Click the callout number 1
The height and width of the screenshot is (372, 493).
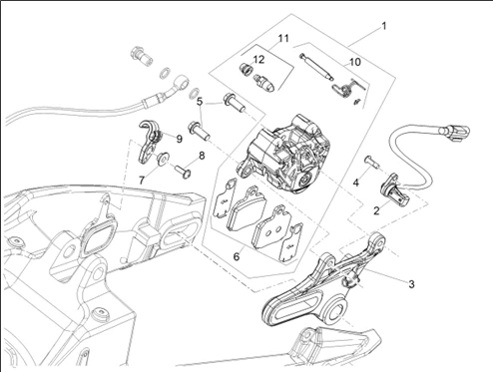click(x=384, y=26)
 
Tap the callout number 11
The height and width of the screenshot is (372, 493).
click(x=283, y=39)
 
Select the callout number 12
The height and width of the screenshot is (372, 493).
click(x=258, y=60)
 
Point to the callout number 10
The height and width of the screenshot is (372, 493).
click(x=355, y=62)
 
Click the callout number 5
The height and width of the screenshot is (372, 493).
click(x=200, y=102)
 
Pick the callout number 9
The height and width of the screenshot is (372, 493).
click(x=180, y=139)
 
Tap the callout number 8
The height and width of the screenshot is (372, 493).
click(x=202, y=156)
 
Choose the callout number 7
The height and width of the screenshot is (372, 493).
click(x=142, y=181)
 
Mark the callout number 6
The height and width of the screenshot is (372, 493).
click(x=237, y=256)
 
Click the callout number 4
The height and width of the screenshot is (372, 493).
click(x=356, y=183)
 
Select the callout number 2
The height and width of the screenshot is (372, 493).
click(x=376, y=210)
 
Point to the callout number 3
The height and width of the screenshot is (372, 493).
click(x=411, y=284)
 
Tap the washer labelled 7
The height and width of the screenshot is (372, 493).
click(x=164, y=158)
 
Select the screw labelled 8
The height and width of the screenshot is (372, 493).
click(x=183, y=171)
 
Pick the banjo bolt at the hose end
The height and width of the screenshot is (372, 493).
click(x=142, y=57)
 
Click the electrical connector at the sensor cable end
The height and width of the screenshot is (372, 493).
click(x=455, y=132)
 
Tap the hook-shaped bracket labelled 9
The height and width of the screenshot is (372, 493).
click(x=149, y=143)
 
